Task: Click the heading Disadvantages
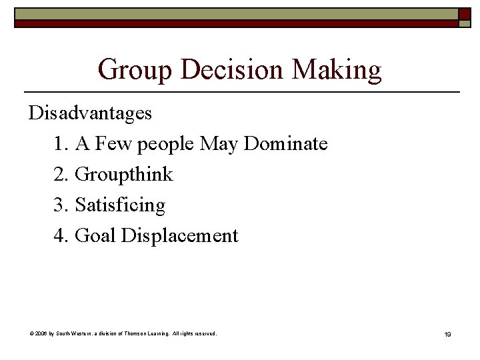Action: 90,113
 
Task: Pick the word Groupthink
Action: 124,175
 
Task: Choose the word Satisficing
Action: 120,205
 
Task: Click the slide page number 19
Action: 447,334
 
